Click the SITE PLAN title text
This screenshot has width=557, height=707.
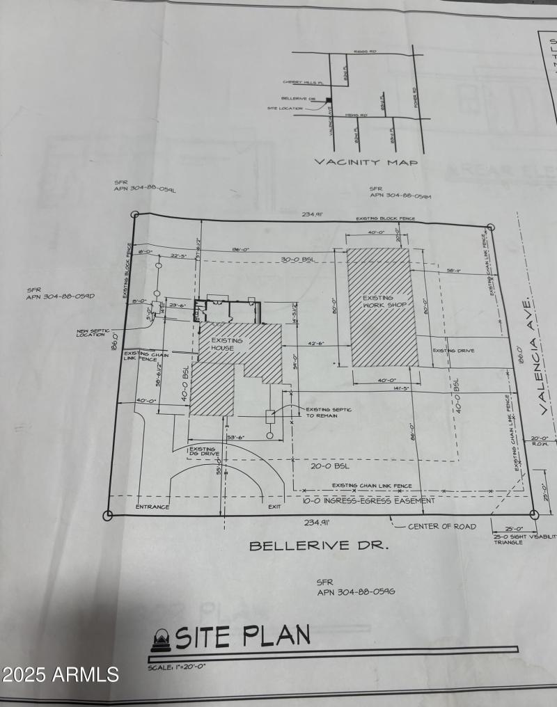point(242,635)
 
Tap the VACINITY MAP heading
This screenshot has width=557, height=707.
point(366,162)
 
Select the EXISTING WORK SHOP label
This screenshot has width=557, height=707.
point(384,302)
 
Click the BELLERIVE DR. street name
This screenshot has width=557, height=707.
point(319,546)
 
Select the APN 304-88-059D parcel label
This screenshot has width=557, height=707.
point(61,294)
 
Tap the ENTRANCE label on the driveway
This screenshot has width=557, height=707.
point(152,507)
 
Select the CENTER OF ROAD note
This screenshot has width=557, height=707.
point(442,526)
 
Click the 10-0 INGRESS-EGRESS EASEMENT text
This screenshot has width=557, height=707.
point(368,500)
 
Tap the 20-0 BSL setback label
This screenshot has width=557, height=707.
point(330,466)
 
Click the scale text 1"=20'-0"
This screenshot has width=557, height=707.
point(177,667)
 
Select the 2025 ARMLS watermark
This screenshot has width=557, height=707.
point(61,674)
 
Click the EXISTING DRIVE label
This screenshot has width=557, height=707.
point(453,350)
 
